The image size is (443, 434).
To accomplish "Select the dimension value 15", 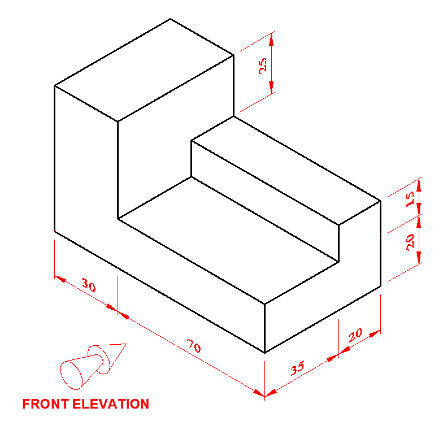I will point(411,197).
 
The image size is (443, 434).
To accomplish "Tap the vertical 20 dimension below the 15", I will point(411,241).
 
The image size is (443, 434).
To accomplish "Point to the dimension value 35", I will point(297,368).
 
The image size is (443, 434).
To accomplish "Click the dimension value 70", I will point(193,346).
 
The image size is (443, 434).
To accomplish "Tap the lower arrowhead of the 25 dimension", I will point(271,89).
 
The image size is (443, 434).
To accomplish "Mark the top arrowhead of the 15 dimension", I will point(419,182).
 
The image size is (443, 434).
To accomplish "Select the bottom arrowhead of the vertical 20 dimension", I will point(419,260).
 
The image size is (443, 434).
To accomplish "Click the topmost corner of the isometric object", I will point(170,19).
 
